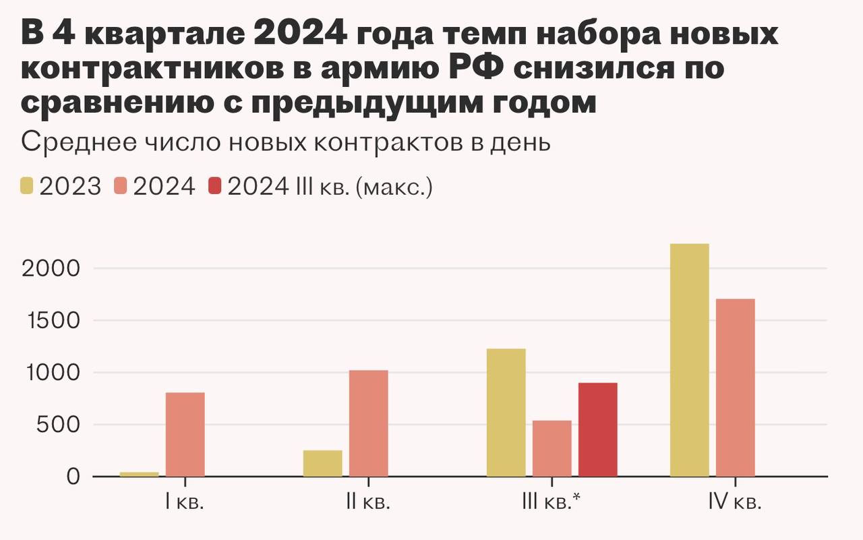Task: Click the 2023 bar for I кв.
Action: pyautogui.click(x=140, y=474)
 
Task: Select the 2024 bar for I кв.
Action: pyautogui.click(x=185, y=434)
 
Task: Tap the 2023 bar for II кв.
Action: pyautogui.click(x=323, y=463)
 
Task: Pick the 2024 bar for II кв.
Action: pyautogui.click(x=369, y=423)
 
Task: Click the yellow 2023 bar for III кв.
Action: pyautogui.click(x=506, y=413)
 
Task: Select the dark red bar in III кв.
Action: pyautogui.click(x=598, y=429)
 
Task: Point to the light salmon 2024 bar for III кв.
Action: pyautogui.click(x=552, y=448)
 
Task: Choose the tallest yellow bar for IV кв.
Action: pyautogui.click(x=690, y=360)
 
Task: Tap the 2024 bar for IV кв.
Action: pyautogui.click(x=736, y=388)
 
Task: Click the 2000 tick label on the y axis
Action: pyautogui.click(x=51, y=268)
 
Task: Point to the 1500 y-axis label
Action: pyautogui.click(x=51, y=321)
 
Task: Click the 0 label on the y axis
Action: pyautogui.click(x=73, y=477)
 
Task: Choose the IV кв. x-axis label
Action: pyautogui.click(x=735, y=503)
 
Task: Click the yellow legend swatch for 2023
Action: pyautogui.click(x=28, y=186)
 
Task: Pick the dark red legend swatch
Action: pyautogui.click(x=215, y=186)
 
